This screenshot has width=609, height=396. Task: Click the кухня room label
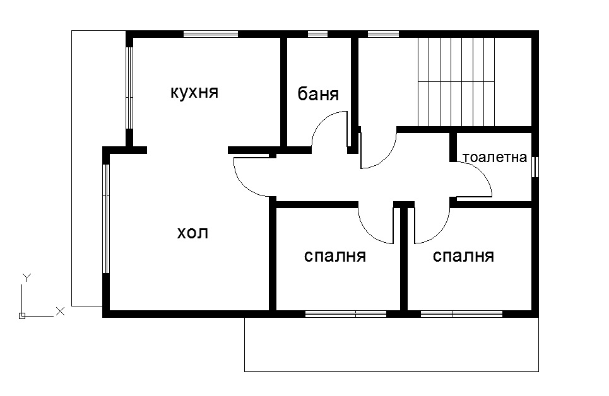(x=194, y=93)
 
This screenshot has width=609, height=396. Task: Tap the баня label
(x=318, y=95)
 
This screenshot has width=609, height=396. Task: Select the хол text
(x=192, y=233)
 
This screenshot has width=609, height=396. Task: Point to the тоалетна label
(x=494, y=157)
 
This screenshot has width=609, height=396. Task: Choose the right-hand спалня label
(x=463, y=256)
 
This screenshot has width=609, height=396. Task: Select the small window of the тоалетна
(x=535, y=167)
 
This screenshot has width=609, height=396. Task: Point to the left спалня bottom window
(x=346, y=313)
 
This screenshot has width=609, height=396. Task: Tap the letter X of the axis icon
(x=61, y=310)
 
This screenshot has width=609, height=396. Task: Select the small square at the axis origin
(x=22, y=315)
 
